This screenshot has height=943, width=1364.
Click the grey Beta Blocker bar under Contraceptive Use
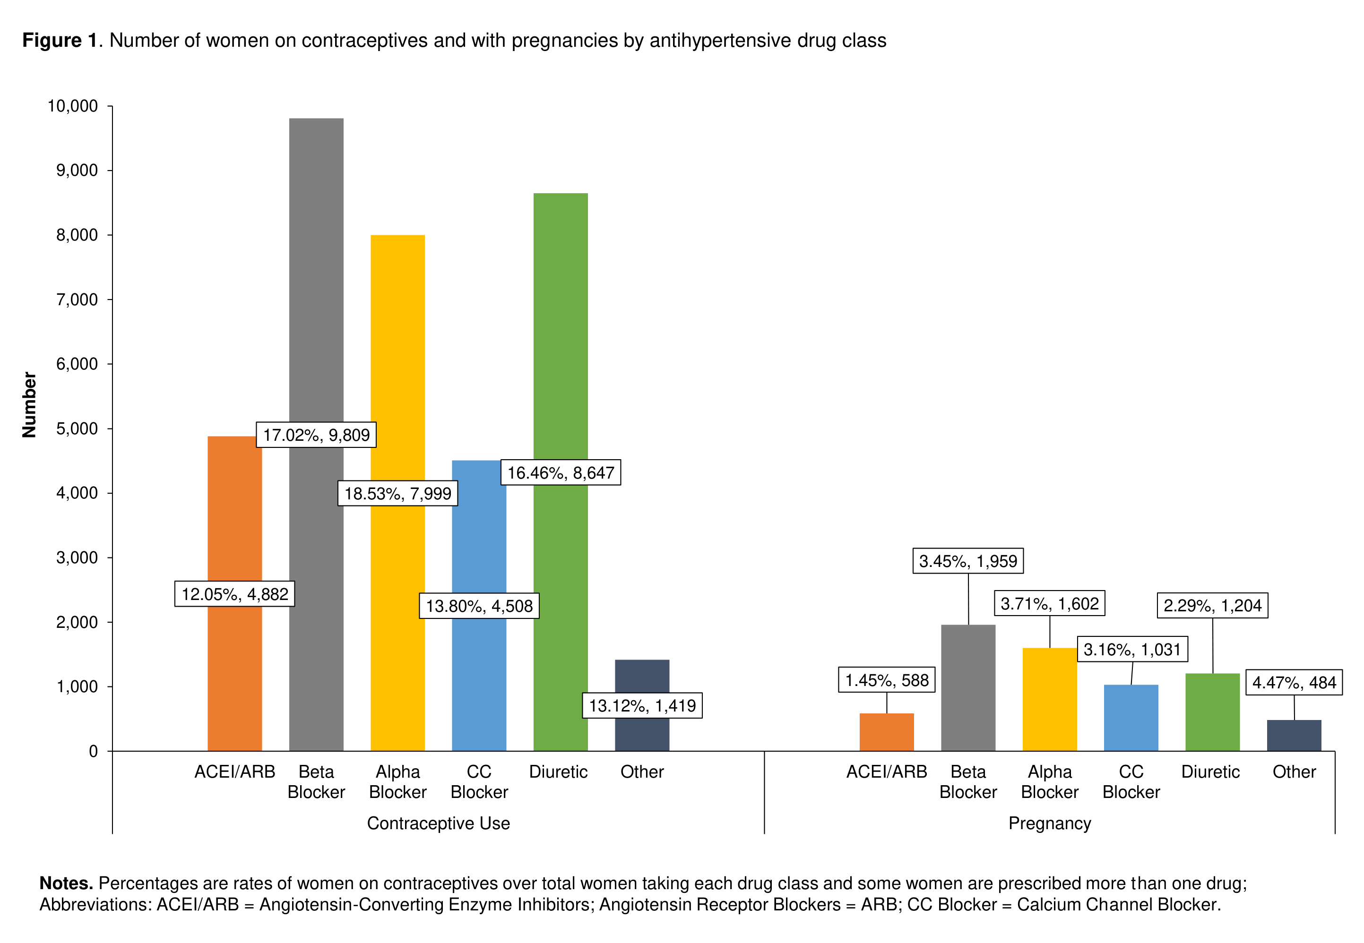pyautogui.click(x=316, y=266)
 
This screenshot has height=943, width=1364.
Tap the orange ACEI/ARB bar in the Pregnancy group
pyautogui.click(x=887, y=732)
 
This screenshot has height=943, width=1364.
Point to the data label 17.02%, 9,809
pyautogui.click(x=316, y=435)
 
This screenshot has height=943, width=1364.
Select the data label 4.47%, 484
pyautogui.click(x=1294, y=682)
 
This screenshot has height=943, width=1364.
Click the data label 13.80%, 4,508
pyautogui.click(x=479, y=606)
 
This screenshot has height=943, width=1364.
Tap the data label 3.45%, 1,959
pyautogui.click(x=968, y=561)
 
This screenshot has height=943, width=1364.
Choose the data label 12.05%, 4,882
pyautogui.click(x=234, y=594)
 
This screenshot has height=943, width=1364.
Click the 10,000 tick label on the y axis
pyautogui.click(x=73, y=106)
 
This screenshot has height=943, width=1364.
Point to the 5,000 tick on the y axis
pyautogui.click(x=77, y=429)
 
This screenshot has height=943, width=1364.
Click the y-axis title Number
pyautogui.click(x=29, y=405)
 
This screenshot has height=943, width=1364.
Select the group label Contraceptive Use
pyautogui.click(x=438, y=823)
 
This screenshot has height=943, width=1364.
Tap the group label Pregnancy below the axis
pyautogui.click(x=1050, y=823)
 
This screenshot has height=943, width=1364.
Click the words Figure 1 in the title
pyautogui.click(x=60, y=40)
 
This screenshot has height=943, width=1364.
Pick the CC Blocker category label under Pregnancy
pyautogui.click(x=1131, y=782)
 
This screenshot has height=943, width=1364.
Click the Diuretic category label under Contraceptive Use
pyautogui.click(x=559, y=772)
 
